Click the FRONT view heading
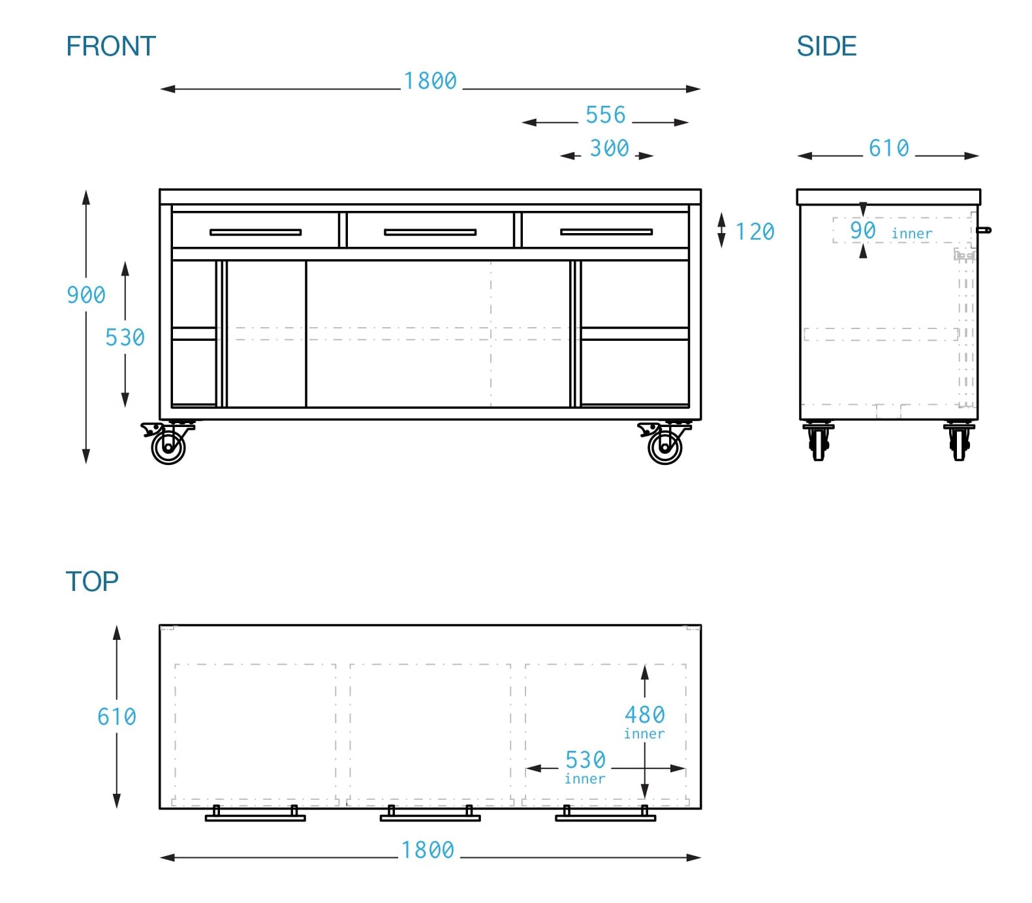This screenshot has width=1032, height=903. [111, 46]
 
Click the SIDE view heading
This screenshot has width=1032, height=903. [826, 46]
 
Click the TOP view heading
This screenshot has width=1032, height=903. [92, 581]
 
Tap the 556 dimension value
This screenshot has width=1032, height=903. [606, 115]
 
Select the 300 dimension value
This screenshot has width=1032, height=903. [609, 148]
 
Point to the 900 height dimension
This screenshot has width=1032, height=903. [86, 295]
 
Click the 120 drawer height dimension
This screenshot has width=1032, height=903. [755, 232]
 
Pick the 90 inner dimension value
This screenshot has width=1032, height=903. [863, 230]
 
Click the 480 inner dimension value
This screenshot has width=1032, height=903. [645, 715]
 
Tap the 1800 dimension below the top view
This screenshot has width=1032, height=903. [428, 850]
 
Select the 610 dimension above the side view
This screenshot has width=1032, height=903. [888, 148]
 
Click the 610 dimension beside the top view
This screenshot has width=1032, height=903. [117, 717]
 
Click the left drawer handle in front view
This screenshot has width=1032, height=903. [255, 232]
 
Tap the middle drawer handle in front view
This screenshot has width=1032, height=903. [430, 232]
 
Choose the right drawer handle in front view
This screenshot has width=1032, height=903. [606, 232]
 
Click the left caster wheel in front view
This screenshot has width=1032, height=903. [168, 447]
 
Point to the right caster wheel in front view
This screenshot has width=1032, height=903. [665, 447]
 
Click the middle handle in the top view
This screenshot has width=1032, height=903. [430, 817]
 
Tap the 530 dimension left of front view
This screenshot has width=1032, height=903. [125, 338]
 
